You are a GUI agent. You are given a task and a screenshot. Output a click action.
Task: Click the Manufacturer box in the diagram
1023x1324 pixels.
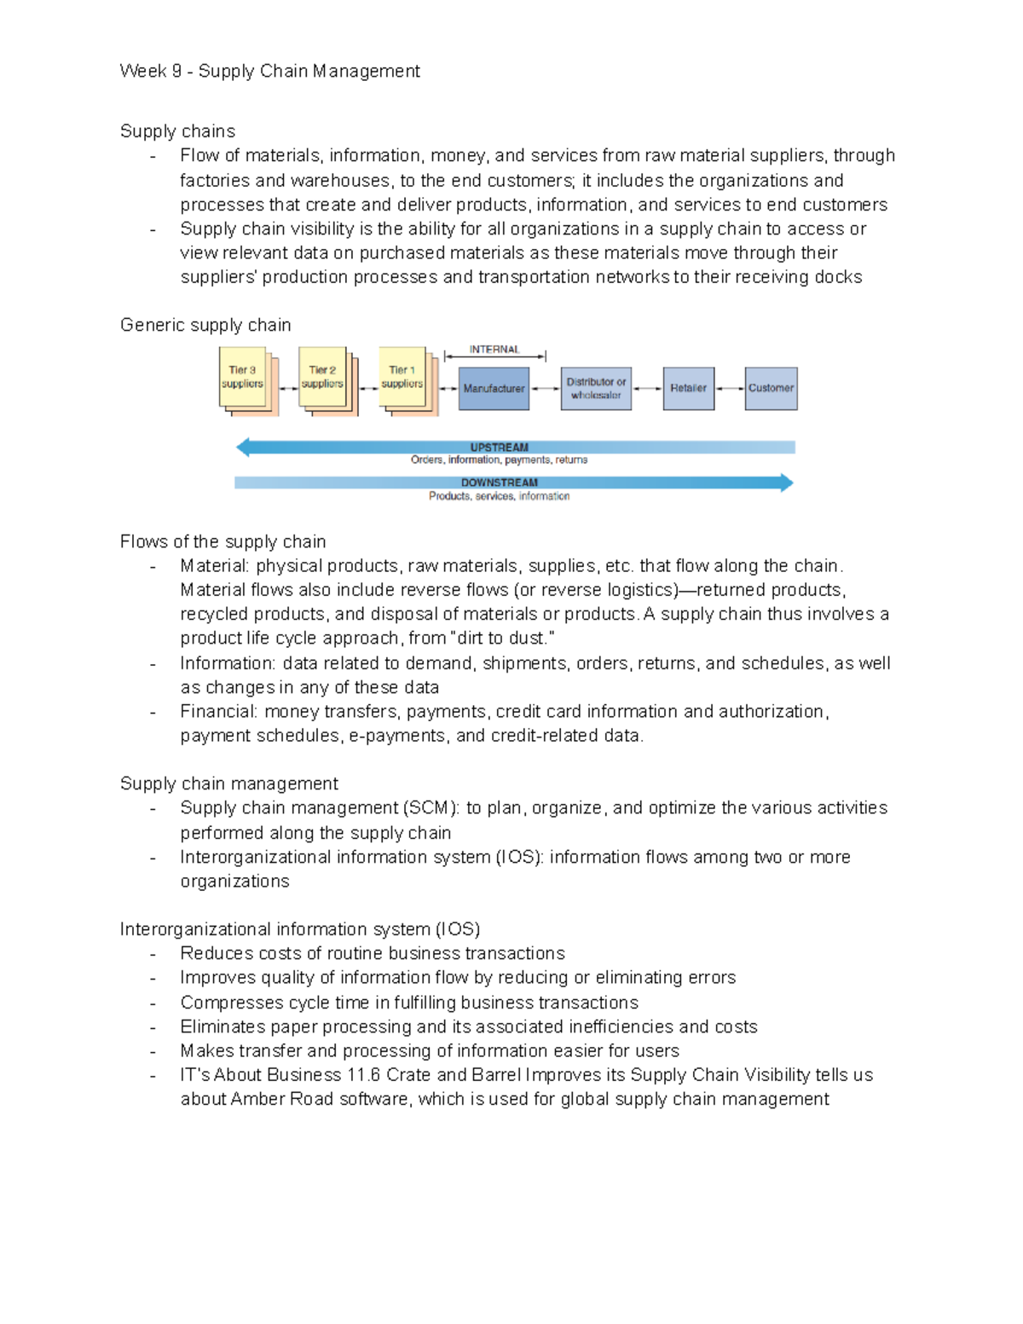pos(494,389)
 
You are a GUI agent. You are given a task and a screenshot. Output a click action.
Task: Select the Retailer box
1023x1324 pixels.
pos(688,389)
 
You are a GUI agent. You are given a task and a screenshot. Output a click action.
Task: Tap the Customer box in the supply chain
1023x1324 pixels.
pos(771,389)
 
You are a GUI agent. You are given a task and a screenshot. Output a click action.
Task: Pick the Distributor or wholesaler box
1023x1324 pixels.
pos(596,389)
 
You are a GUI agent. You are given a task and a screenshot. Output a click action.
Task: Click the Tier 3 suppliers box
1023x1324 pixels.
pos(243,378)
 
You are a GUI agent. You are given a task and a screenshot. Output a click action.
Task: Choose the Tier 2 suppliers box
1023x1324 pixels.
pos(322,378)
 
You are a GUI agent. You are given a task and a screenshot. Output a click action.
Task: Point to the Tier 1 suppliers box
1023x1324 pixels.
pos(402,378)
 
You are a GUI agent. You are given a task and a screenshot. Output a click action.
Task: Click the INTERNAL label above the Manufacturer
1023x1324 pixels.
pos(494,350)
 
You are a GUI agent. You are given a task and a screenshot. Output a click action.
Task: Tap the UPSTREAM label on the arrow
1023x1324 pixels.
pos(500,448)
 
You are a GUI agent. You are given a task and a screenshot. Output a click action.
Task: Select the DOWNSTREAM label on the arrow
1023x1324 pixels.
pos(500,483)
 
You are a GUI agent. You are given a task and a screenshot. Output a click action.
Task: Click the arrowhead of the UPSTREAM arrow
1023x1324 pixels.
pos(243,448)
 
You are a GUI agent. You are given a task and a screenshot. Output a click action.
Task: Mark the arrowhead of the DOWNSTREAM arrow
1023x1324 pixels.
pos(786,483)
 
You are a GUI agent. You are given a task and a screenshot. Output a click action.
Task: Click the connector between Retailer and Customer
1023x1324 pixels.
pos(730,389)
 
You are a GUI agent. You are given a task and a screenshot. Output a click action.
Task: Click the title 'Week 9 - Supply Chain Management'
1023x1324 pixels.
pos(269,72)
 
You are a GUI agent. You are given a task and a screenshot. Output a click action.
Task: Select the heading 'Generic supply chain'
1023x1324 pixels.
pos(205,326)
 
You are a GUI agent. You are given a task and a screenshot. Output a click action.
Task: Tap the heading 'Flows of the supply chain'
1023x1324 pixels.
pos(223,542)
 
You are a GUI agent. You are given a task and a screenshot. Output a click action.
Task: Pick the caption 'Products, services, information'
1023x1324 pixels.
pos(499,496)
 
